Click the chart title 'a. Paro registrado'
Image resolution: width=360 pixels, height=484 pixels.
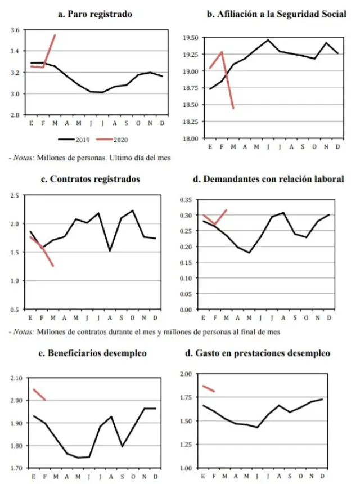pyautogui.click(x=95, y=14)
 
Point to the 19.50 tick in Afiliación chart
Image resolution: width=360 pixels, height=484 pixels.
pyautogui.click(x=191, y=38)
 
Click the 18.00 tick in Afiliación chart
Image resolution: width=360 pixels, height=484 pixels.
pyautogui.click(x=191, y=138)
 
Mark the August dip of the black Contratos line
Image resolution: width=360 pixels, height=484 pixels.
pyautogui.click(x=110, y=250)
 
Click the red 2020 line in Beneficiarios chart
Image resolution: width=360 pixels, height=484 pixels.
pyautogui.click(x=39, y=395)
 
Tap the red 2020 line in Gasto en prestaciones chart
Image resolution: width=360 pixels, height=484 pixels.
pyautogui.click(x=208, y=388)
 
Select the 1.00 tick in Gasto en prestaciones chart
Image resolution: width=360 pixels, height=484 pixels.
pyautogui.click(x=186, y=468)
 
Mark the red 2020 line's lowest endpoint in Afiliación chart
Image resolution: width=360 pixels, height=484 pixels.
pyautogui.click(x=233, y=107)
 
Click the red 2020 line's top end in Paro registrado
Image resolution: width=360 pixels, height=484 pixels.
pyautogui.click(x=55, y=35)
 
